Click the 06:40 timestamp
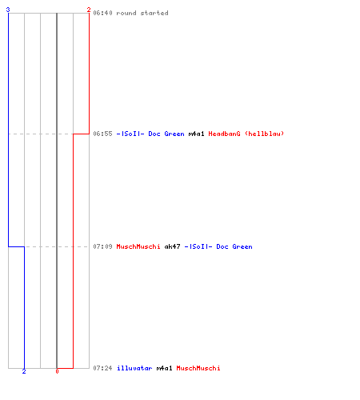coord(102,13)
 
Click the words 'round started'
coord(142,13)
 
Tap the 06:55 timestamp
coord(102,134)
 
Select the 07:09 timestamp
coord(102,246)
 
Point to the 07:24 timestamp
coord(102,368)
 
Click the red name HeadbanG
coord(224,134)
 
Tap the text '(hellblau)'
coord(264,134)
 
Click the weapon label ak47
coord(172,246)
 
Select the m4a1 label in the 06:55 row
coord(196,134)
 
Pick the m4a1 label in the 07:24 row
coord(164,368)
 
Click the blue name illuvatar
coord(134,368)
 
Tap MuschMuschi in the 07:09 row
coord(138,246)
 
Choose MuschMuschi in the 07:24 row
coord(198,368)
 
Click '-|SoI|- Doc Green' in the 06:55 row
coord(150,134)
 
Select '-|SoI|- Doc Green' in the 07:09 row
coord(218,246)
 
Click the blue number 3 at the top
coord(8,10)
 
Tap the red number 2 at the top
coord(89,10)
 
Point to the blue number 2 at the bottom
coord(24,371)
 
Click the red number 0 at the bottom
coord(57,371)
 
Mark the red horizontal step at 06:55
coord(81,134)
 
